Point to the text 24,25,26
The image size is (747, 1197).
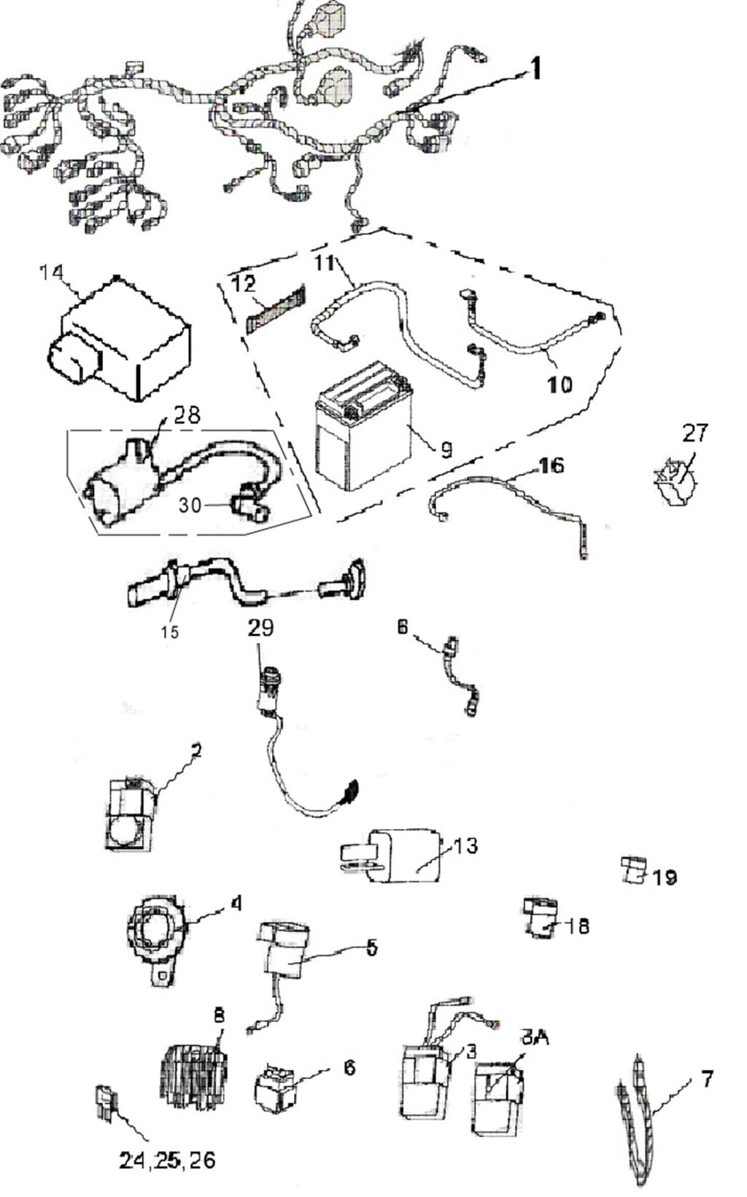point(168,1160)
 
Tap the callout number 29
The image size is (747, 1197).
point(260,628)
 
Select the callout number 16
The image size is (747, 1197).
point(551,466)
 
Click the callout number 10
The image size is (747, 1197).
point(560,384)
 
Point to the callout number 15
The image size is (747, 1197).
point(169,632)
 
